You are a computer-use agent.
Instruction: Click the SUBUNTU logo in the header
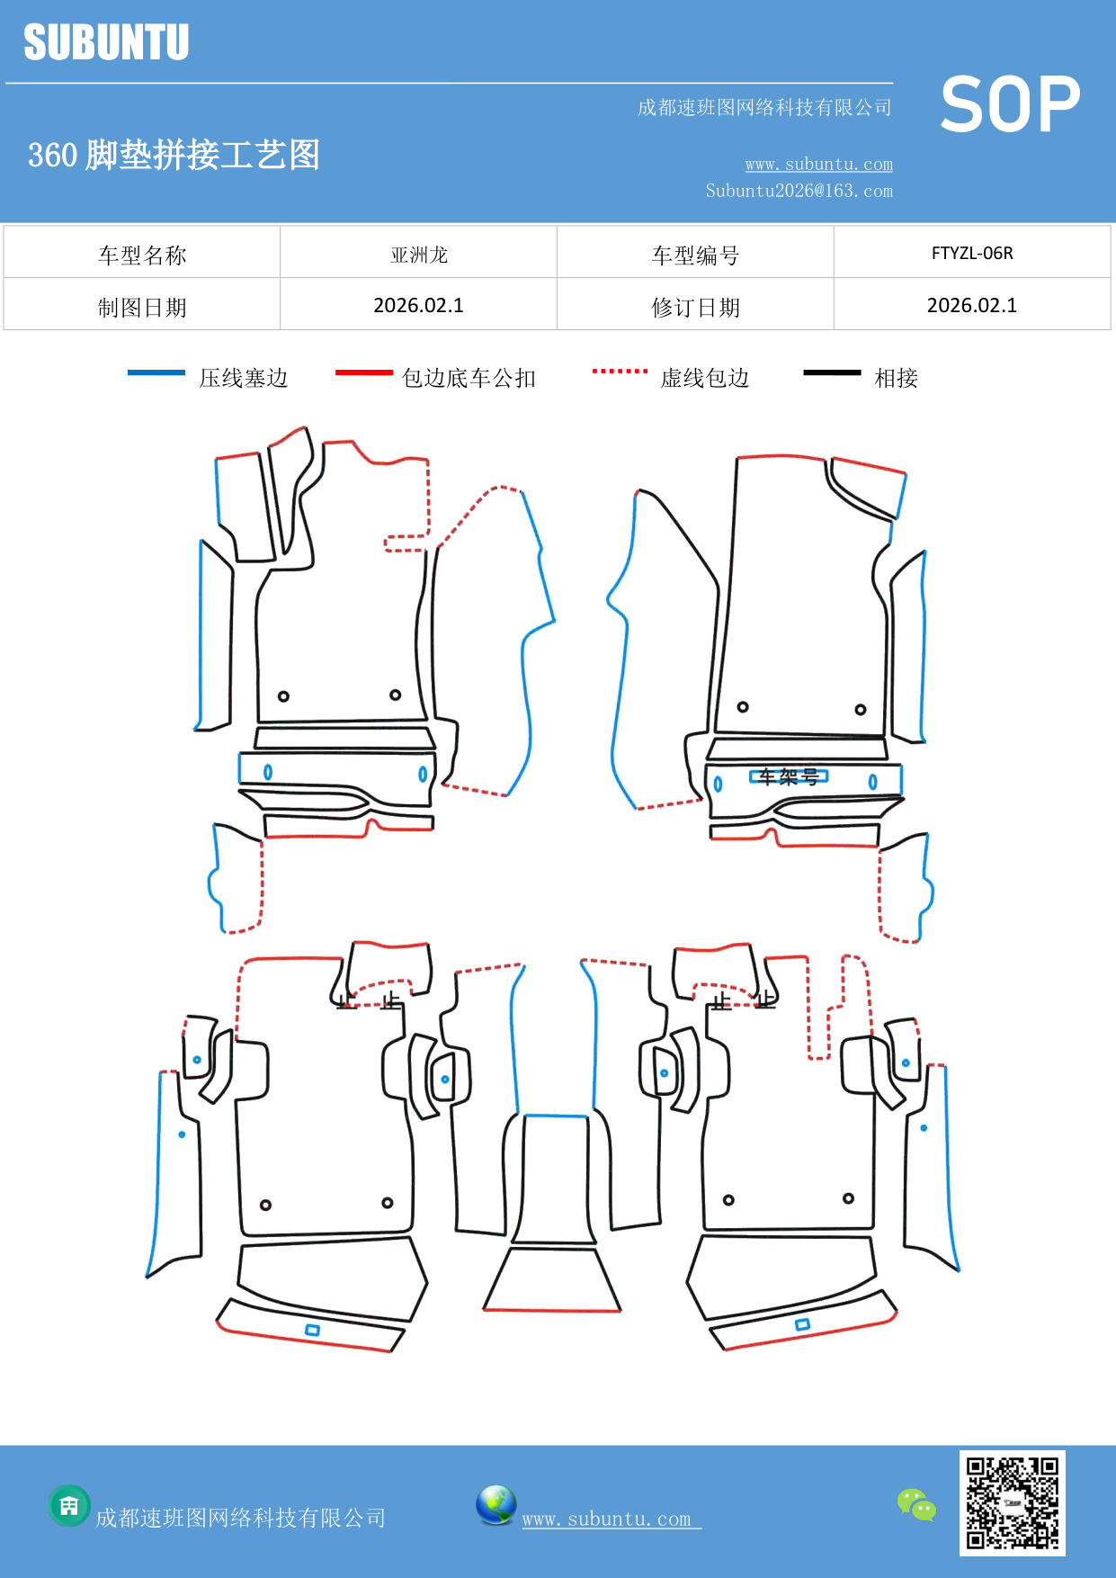[106, 42]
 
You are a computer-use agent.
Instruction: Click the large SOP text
[1010, 105]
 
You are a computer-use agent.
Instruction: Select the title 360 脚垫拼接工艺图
[174, 155]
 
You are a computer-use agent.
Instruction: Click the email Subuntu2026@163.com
[799, 191]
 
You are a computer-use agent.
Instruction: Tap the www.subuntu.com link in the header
[818, 165]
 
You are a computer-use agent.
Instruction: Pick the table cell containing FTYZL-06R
[971, 253]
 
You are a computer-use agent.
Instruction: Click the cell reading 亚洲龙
[418, 255]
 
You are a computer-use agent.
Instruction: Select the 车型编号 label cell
[695, 256]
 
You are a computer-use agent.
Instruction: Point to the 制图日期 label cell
[142, 308]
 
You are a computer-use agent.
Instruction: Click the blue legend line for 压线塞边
[156, 372]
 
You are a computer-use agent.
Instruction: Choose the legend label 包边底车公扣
[469, 378]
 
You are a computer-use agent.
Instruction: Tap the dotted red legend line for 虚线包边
[620, 371]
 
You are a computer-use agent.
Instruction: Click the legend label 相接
[896, 378]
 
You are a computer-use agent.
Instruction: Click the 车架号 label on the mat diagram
[789, 776]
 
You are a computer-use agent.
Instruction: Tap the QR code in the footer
[1012, 1502]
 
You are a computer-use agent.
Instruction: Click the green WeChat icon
[916, 1504]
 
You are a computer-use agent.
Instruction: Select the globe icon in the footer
[496, 1504]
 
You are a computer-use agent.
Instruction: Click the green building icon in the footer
[69, 1505]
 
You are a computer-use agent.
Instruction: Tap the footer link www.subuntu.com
[607, 1519]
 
